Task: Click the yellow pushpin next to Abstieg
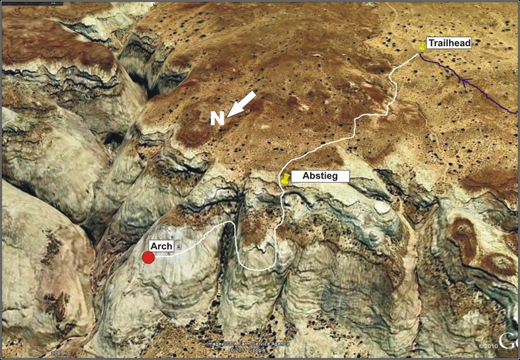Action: (285, 179)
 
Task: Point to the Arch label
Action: (162, 246)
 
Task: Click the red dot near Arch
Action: (148, 257)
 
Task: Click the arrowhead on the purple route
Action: (464, 81)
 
